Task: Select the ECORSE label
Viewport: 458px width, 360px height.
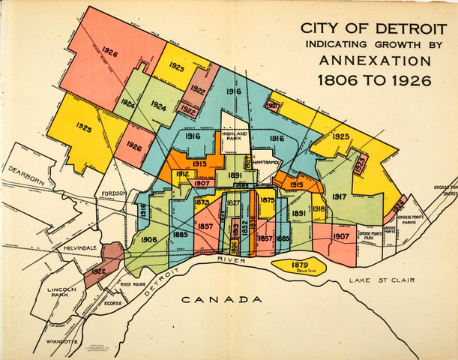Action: (114, 304)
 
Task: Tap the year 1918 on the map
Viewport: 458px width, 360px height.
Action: (318, 209)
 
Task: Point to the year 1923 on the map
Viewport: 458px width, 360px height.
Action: (361, 165)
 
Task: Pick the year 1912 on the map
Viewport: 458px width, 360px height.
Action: (182, 174)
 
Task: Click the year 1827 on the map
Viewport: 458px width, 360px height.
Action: (233, 203)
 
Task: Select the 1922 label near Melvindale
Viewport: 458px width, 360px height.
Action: (97, 271)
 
